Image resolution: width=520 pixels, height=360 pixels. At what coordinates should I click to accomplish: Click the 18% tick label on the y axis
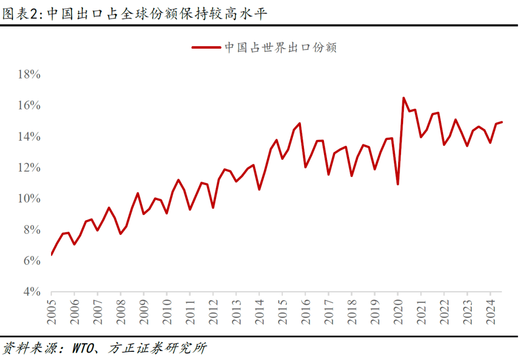(29, 75)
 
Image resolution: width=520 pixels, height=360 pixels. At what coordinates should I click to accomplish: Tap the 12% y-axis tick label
(29, 168)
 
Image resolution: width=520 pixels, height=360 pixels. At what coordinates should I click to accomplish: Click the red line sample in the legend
(206, 47)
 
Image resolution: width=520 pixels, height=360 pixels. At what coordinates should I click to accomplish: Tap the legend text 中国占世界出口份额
(280, 47)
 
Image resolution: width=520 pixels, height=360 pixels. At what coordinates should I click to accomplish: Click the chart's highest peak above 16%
(403, 98)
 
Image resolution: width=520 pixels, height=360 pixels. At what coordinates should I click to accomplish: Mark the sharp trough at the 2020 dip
(398, 184)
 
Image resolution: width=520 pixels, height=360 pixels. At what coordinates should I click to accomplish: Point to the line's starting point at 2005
(51, 254)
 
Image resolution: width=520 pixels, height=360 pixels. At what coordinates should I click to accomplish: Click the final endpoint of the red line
(502, 122)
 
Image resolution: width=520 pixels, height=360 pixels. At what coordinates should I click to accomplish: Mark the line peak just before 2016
(299, 123)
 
